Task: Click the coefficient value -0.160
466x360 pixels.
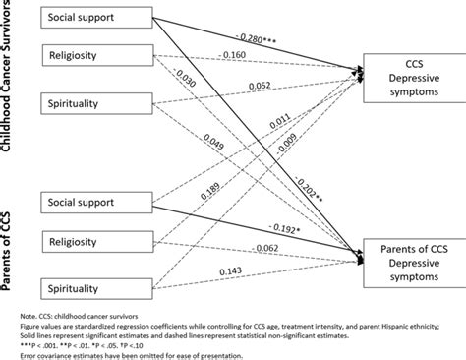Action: (x=237, y=55)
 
